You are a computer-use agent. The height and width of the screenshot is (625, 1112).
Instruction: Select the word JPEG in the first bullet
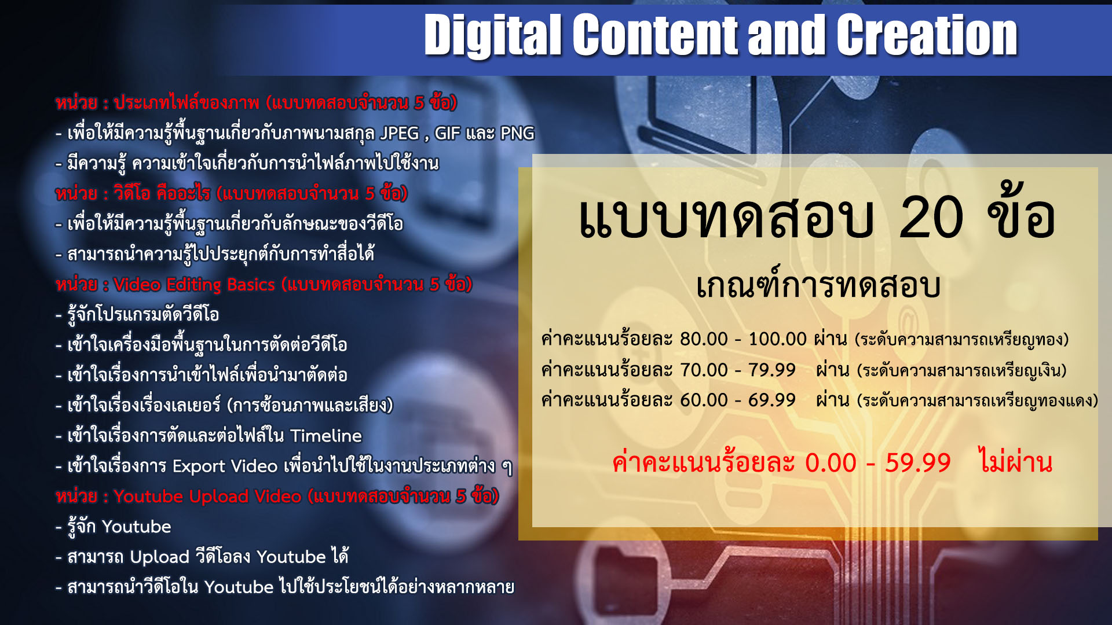(x=400, y=134)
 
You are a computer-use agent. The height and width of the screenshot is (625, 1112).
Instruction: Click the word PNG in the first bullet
(x=517, y=134)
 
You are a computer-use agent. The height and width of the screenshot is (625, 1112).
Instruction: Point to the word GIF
(x=447, y=134)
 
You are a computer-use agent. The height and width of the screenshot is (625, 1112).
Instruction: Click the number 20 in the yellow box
(x=931, y=218)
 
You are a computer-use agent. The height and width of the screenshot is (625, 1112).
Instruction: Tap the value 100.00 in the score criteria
(x=777, y=339)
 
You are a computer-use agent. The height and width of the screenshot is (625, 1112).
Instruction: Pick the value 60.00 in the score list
(x=704, y=400)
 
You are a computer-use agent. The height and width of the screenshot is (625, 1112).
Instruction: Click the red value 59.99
(x=918, y=463)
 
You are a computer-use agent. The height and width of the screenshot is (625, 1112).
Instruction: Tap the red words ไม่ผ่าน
(x=1015, y=461)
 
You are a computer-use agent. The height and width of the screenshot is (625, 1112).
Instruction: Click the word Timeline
(x=326, y=436)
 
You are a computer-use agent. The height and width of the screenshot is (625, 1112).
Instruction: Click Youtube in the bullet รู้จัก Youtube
(x=136, y=527)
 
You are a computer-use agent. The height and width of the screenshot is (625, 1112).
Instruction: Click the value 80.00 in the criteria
(x=704, y=339)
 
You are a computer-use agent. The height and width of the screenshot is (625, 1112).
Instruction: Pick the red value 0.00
(x=831, y=463)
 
